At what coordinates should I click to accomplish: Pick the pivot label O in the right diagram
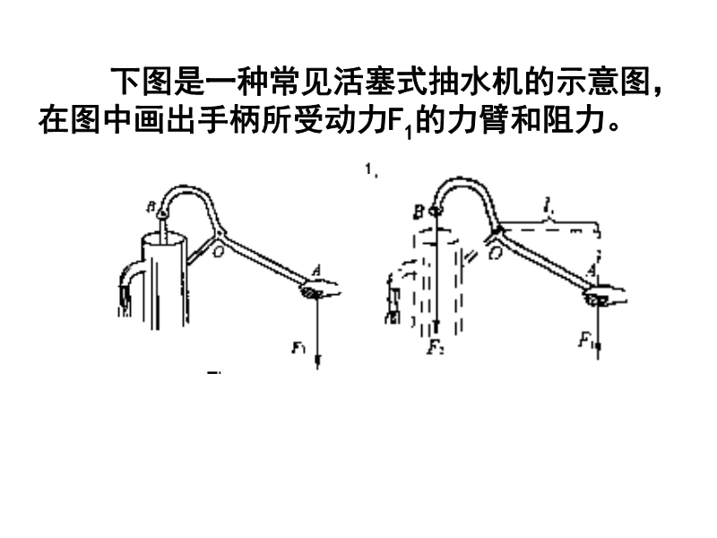click(494, 254)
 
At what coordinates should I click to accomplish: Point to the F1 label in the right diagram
click(585, 340)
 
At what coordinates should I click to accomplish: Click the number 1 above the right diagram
click(369, 169)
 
